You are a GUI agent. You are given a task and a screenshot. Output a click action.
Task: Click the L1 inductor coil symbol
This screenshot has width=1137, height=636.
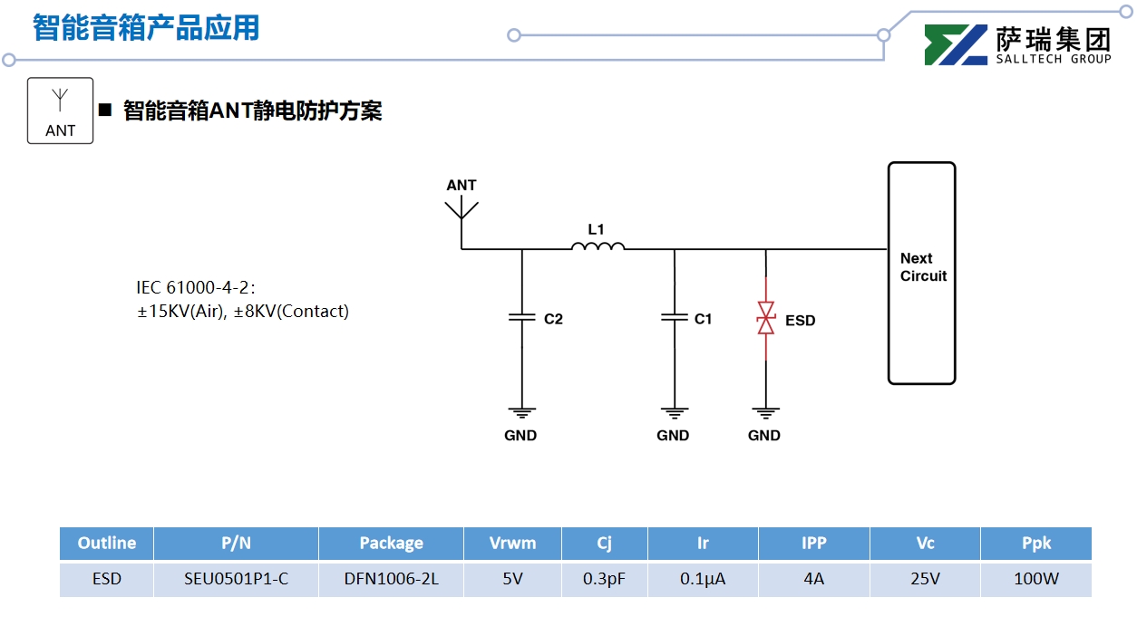(x=598, y=246)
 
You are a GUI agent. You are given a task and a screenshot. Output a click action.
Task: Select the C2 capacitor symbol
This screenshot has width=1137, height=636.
(x=521, y=318)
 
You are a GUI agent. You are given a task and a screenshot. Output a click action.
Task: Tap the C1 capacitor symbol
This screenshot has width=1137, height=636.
(x=674, y=318)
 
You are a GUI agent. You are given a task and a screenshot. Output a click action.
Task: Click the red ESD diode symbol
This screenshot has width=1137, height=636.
(x=766, y=319)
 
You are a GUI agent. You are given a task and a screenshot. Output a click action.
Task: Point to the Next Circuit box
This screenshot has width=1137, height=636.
(x=921, y=272)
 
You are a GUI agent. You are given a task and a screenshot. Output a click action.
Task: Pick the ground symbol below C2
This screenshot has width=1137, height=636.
(x=521, y=412)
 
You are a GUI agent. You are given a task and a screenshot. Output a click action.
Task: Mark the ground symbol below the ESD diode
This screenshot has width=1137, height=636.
(x=766, y=412)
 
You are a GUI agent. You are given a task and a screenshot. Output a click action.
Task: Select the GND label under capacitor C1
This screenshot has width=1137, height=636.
(x=673, y=436)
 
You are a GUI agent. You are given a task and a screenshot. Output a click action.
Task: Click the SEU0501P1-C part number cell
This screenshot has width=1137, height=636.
(x=236, y=579)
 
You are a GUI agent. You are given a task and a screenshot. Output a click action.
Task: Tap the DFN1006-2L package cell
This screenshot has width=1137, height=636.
(x=391, y=579)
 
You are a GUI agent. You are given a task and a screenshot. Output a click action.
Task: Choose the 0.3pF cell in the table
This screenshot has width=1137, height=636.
(x=604, y=579)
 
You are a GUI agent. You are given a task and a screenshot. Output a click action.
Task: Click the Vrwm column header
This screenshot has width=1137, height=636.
(x=512, y=544)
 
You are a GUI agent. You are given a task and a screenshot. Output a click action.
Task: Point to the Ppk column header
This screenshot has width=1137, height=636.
(x=1035, y=544)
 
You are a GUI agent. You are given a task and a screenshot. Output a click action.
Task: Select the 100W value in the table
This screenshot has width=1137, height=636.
(x=1035, y=579)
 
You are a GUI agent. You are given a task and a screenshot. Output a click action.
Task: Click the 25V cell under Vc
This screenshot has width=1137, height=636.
(x=925, y=579)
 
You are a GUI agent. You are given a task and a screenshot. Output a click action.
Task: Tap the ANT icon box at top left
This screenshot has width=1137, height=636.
(x=61, y=111)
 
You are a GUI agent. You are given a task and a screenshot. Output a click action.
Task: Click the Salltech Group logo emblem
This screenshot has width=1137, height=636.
(x=956, y=45)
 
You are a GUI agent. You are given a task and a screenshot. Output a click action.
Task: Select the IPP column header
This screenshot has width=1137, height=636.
(x=813, y=544)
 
